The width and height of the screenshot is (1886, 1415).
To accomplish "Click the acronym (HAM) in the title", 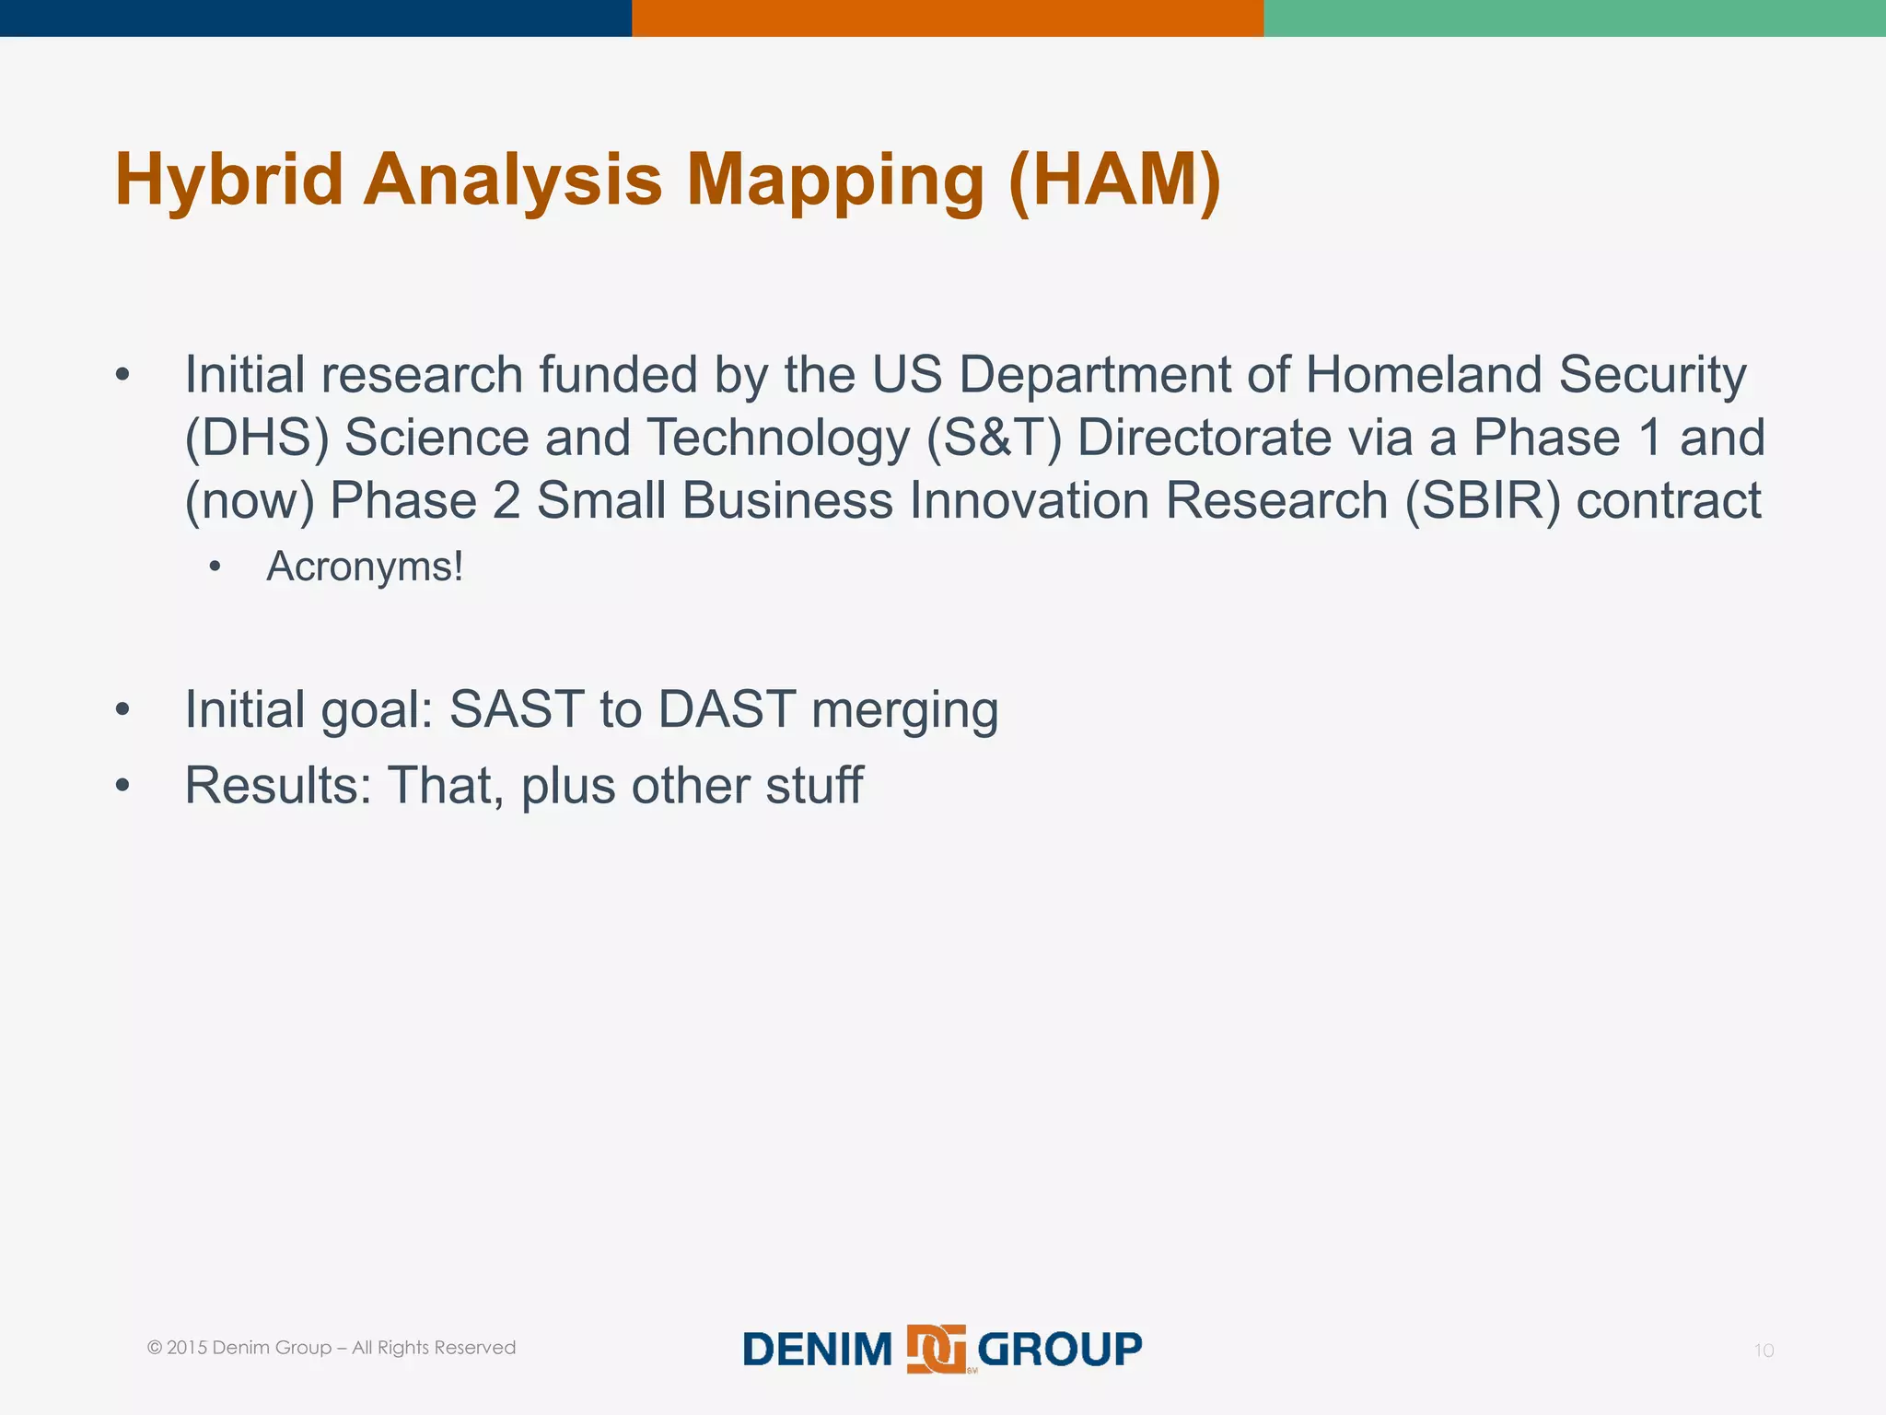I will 1114,179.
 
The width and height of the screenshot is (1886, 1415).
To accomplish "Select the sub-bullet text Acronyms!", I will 365,567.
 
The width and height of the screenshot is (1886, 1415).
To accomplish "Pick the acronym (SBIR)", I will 1483,501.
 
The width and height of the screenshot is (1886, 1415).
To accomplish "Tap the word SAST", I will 517,709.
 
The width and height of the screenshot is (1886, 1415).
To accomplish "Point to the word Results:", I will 278,786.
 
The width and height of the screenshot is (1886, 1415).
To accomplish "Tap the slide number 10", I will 1763,1351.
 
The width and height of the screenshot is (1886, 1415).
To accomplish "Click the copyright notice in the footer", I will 332,1348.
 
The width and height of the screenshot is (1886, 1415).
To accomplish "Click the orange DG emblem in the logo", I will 936,1350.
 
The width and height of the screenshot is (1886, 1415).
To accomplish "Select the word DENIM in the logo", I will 818,1350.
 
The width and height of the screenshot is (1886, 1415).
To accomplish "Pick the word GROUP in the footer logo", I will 1059,1350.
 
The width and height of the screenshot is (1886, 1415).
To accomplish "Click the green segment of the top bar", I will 1575,18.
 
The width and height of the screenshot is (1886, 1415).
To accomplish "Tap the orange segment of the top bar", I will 948,18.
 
